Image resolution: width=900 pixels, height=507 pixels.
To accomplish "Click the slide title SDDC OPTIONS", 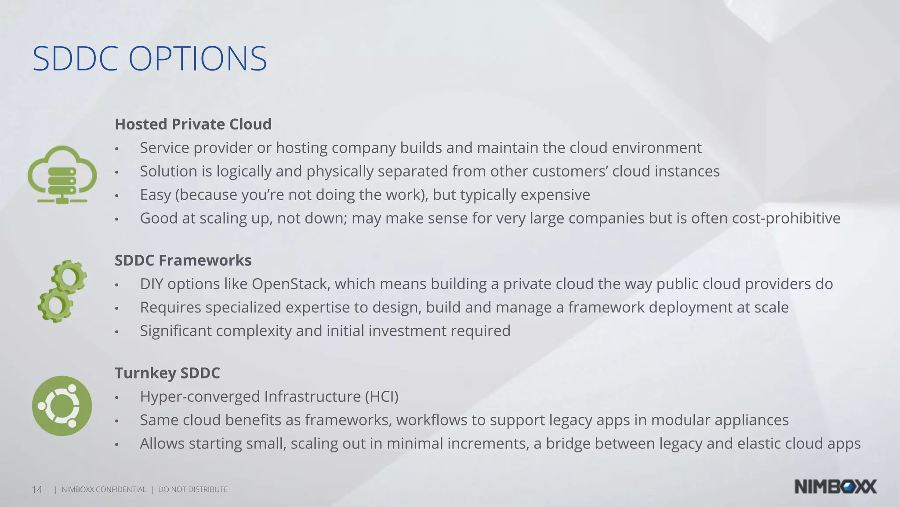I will coord(149,59).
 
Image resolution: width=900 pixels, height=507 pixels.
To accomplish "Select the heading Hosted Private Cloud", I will coord(193,125).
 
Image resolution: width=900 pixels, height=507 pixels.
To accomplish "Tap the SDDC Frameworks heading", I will coord(183,261).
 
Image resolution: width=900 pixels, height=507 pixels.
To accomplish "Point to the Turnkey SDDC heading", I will coord(167,373).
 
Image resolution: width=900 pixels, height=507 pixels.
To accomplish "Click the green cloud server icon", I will coord(62,174).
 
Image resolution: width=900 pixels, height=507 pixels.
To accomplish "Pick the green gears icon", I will coord(62,291).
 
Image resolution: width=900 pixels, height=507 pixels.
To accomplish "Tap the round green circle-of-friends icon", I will coord(62,406).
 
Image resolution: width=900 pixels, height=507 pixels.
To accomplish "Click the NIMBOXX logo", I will coord(835,487).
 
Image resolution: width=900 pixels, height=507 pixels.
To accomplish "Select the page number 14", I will coord(37,490).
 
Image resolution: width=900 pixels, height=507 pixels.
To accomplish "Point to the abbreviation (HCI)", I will coord(381,397).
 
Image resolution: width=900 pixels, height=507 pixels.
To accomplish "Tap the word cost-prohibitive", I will coord(786,218).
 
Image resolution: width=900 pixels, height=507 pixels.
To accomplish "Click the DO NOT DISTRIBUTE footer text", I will coord(193,490).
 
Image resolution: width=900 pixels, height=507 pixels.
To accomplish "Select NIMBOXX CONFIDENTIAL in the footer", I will coord(104,490).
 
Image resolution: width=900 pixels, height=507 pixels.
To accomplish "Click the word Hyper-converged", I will coord(200,397).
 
